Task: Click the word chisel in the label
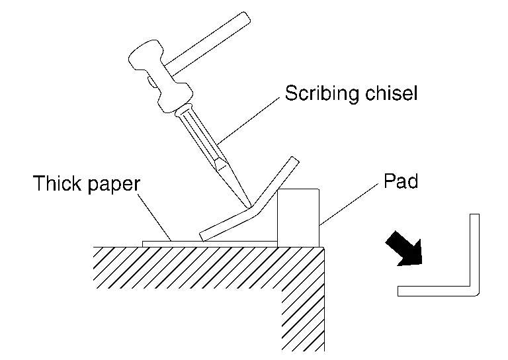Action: click(x=392, y=93)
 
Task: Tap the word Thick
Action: click(x=58, y=183)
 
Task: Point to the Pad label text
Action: click(x=400, y=181)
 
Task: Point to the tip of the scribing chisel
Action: click(x=247, y=204)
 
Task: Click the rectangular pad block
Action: click(x=299, y=217)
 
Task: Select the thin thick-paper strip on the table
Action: click(x=172, y=244)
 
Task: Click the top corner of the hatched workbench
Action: click(x=323, y=248)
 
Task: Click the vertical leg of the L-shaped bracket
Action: click(x=474, y=251)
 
